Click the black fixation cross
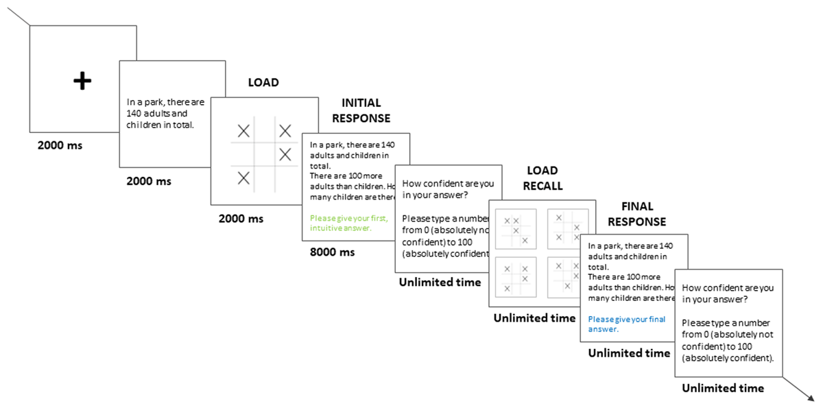(x=82, y=82)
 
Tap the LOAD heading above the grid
(x=263, y=83)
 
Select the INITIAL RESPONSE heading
(x=361, y=110)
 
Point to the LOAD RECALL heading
(x=542, y=178)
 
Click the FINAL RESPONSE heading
(x=636, y=213)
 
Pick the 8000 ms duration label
(x=332, y=252)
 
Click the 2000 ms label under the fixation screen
(x=60, y=145)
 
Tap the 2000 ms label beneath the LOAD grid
(x=241, y=219)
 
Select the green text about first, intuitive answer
(x=349, y=223)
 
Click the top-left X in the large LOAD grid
(x=243, y=130)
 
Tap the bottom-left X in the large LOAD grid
(x=243, y=178)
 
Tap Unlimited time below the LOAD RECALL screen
(x=534, y=318)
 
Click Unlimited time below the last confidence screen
(x=722, y=388)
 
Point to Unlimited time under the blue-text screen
(x=629, y=354)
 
